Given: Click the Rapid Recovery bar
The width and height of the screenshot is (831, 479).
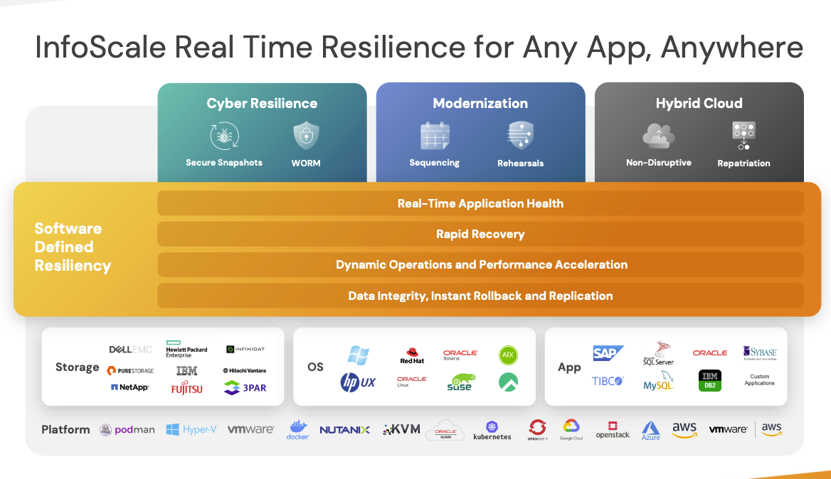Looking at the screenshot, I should [x=480, y=234].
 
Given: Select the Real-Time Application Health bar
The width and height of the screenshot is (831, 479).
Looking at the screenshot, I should [x=480, y=203].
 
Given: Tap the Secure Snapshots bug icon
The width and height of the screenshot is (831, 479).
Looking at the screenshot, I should [x=223, y=136].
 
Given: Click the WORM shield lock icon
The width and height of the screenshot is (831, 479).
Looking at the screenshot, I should [x=306, y=135].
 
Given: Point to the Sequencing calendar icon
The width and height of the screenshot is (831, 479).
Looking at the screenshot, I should [x=434, y=135].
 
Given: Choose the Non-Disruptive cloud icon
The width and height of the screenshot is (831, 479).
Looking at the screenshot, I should [x=658, y=135].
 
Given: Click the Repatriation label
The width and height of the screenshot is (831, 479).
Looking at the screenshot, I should [x=743, y=163].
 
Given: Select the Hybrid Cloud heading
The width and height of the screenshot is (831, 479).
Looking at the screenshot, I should [x=699, y=103].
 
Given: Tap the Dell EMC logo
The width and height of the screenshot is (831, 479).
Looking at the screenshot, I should [x=130, y=350].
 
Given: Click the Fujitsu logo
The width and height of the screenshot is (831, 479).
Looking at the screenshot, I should [x=186, y=389].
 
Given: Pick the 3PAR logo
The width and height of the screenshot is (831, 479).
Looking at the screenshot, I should [x=245, y=388].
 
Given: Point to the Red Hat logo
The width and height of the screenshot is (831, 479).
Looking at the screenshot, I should [x=412, y=355].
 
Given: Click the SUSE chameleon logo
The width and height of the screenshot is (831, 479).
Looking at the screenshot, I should [x=460, y=382].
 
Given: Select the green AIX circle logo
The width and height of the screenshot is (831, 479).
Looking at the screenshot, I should [x=508, y=355].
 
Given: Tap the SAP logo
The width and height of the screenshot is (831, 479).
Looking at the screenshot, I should [x=608, y=353].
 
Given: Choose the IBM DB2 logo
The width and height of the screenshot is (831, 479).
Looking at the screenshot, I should [x=709, y=381].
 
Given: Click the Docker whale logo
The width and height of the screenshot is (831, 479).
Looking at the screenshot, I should [x=297, y=429].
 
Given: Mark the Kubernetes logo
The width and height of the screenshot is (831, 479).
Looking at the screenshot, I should [x=492, y=430].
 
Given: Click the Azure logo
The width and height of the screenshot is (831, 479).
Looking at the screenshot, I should [x=650, y=430].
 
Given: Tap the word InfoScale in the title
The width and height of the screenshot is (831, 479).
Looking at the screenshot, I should [x=100, y=48].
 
